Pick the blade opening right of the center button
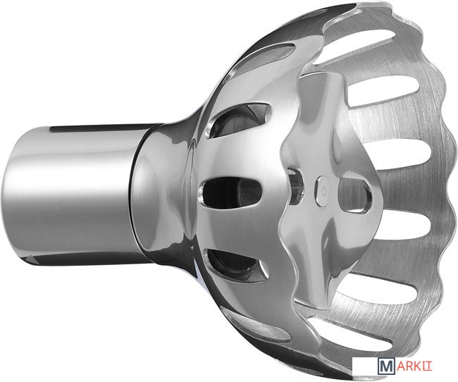(356, 195)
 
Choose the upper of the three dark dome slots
(239, 120)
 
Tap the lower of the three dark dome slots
(237, 264)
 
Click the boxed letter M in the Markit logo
(386, 366)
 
